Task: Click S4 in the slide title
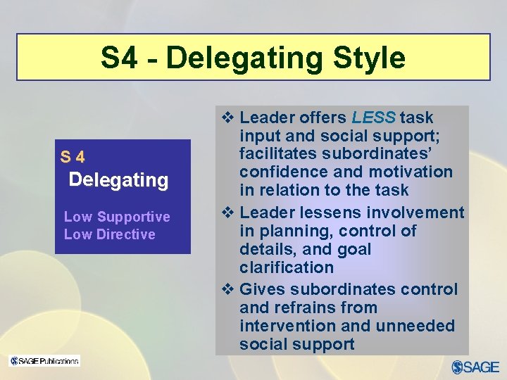coord(119,58)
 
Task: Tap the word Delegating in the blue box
coord(119,180)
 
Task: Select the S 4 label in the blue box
coord(73,157)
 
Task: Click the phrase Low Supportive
coord(117,217)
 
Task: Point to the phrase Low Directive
coord(110,234)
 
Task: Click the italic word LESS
coord(374,118)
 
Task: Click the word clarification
coord(287,267)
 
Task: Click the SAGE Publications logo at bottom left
coord(44,361)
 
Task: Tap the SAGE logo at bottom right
coord(475,367)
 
